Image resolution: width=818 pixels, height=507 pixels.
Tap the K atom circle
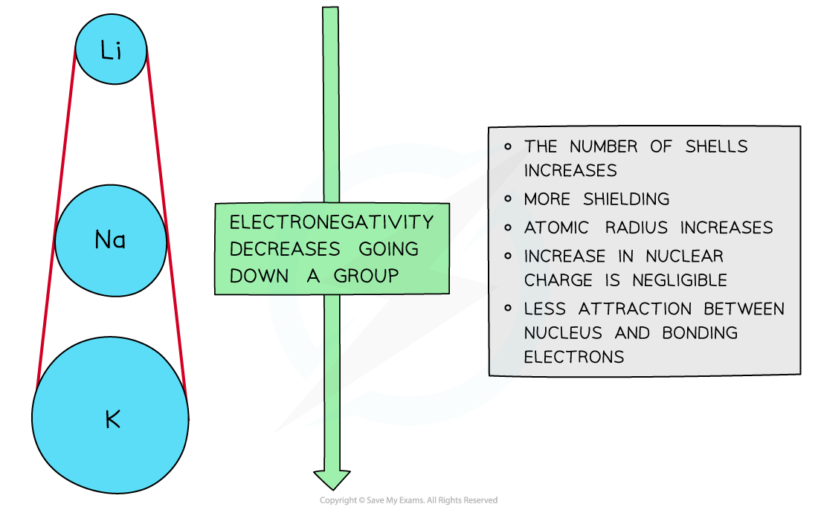(x=111, y=419)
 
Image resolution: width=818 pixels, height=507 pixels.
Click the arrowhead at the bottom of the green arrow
(x=331, y=480)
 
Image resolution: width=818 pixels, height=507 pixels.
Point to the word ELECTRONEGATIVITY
(x=331, y=222)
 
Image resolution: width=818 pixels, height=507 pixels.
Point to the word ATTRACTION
(x=633, y=309)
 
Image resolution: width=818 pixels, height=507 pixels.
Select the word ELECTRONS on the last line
(x=573, y=357)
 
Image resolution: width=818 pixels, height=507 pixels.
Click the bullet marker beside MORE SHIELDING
(x=508, y=198)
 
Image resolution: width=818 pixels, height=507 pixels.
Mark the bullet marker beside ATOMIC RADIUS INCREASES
(x=508, y=227)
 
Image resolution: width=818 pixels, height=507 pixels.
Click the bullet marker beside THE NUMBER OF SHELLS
(x=508, y=146)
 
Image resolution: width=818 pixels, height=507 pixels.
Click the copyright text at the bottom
(x=408, y=500)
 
